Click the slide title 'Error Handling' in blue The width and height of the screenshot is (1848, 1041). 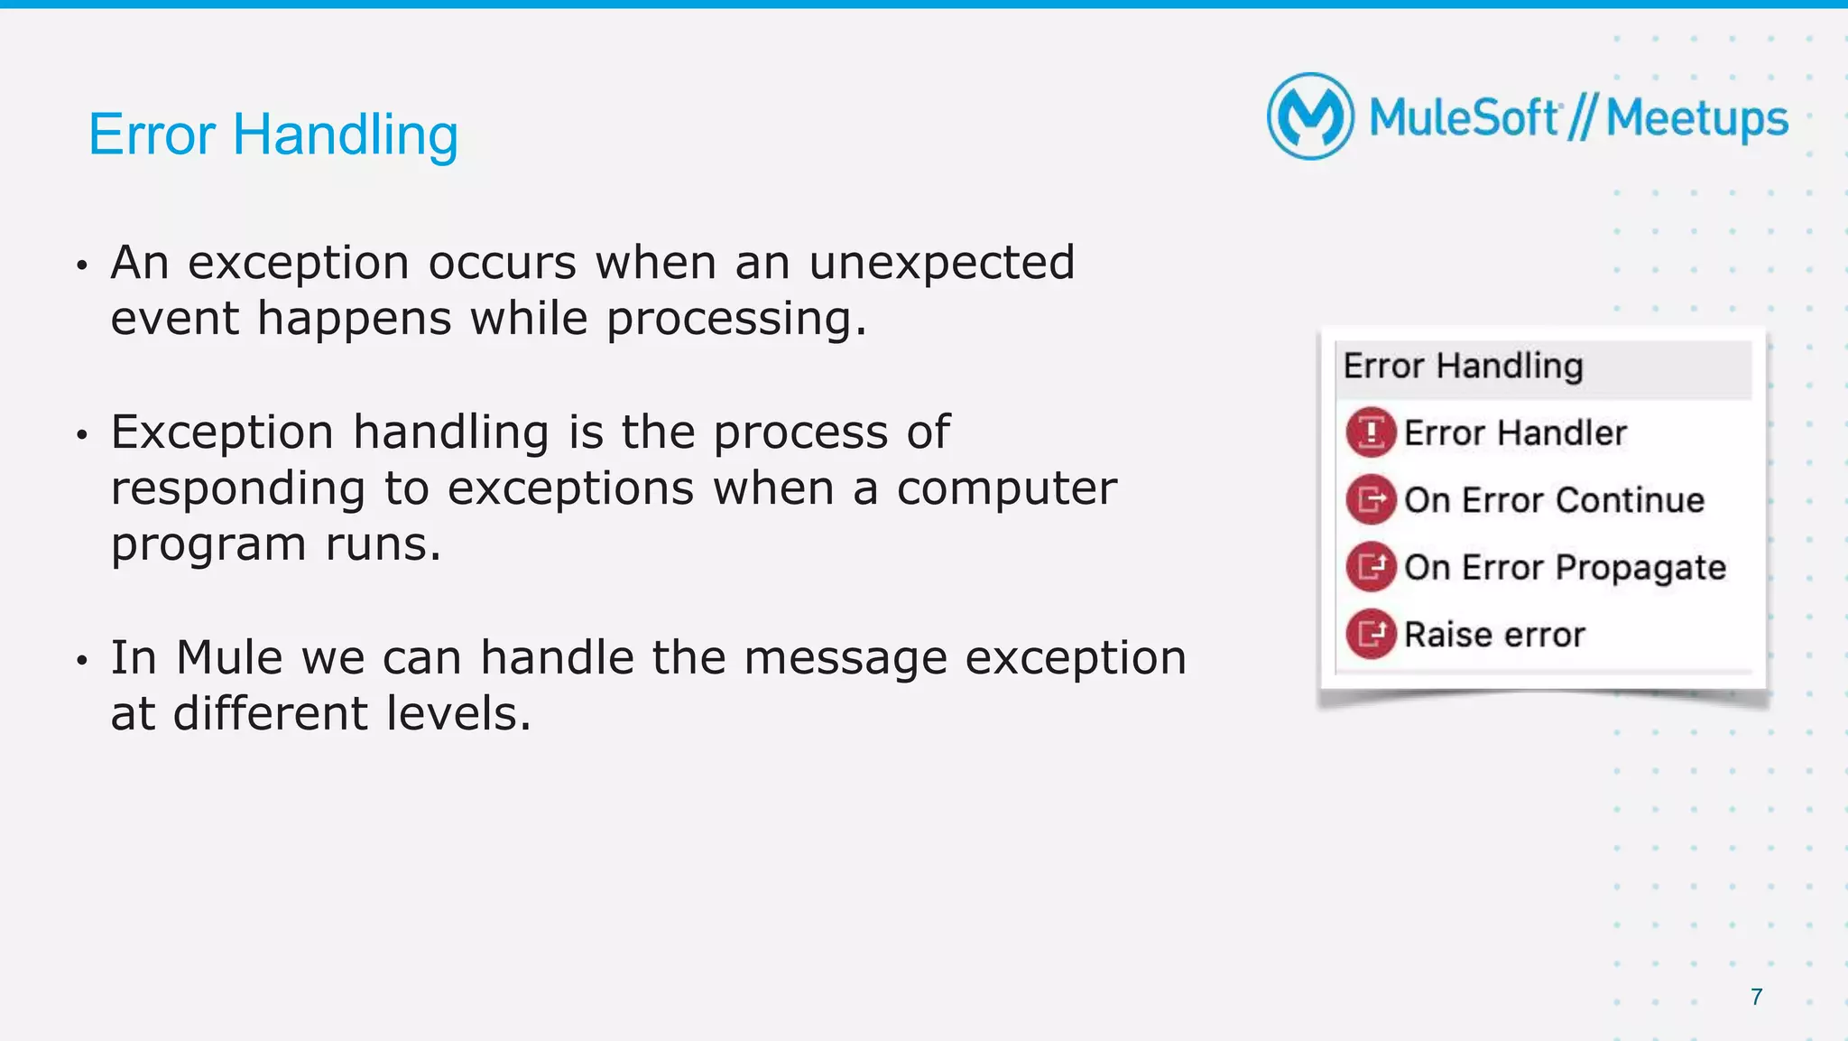click(273, 135)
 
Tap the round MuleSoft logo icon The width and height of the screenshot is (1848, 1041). click(1310, 116)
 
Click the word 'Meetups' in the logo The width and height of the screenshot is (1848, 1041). click(1696, 119)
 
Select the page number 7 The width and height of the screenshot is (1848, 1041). click(1756, 997)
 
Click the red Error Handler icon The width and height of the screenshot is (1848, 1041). click(1371, 432)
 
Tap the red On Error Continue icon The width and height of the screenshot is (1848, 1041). click(1371, 499)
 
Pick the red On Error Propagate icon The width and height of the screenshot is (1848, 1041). click(1371, 567)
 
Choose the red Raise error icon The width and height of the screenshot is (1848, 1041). click(1371, 634)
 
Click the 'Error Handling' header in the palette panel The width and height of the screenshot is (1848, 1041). click(1463, 367)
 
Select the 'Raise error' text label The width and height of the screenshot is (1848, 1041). click(1494, 635)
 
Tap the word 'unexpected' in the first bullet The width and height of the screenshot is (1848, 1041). click(941, 264)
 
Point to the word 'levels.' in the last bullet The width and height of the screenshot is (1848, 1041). click(459, 713)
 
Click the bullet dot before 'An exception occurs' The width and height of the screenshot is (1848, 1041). click(82, 265)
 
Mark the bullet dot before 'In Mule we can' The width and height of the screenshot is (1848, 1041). click(82, 661)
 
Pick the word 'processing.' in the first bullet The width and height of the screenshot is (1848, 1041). click(736, 320)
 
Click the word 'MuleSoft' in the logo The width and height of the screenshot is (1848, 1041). click(1464, 118)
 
